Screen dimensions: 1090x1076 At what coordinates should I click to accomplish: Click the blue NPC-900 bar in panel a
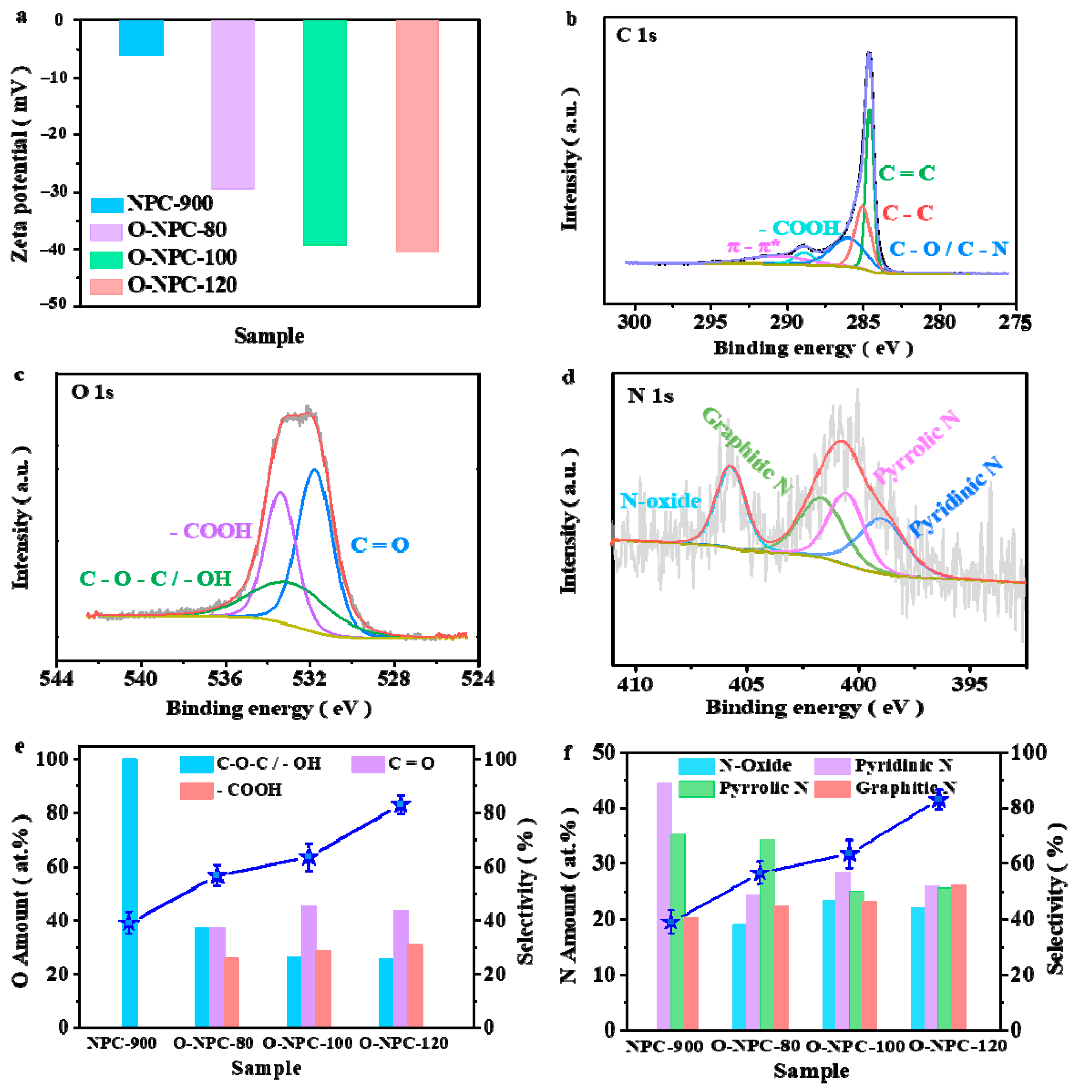point(141,38)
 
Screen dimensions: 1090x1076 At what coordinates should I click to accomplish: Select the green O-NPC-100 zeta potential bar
point(325,133)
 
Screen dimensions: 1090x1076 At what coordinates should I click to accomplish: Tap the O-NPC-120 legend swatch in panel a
point(106,286)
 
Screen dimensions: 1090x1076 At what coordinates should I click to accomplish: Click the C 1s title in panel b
point(636,36)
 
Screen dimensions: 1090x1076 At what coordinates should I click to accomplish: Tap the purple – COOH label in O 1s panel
point(210,530)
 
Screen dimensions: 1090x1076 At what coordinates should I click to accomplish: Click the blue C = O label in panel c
point(379,545)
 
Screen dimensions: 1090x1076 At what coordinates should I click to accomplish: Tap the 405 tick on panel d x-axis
point(746,684)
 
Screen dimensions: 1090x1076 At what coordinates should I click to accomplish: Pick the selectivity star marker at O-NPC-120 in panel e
point(401,805)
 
